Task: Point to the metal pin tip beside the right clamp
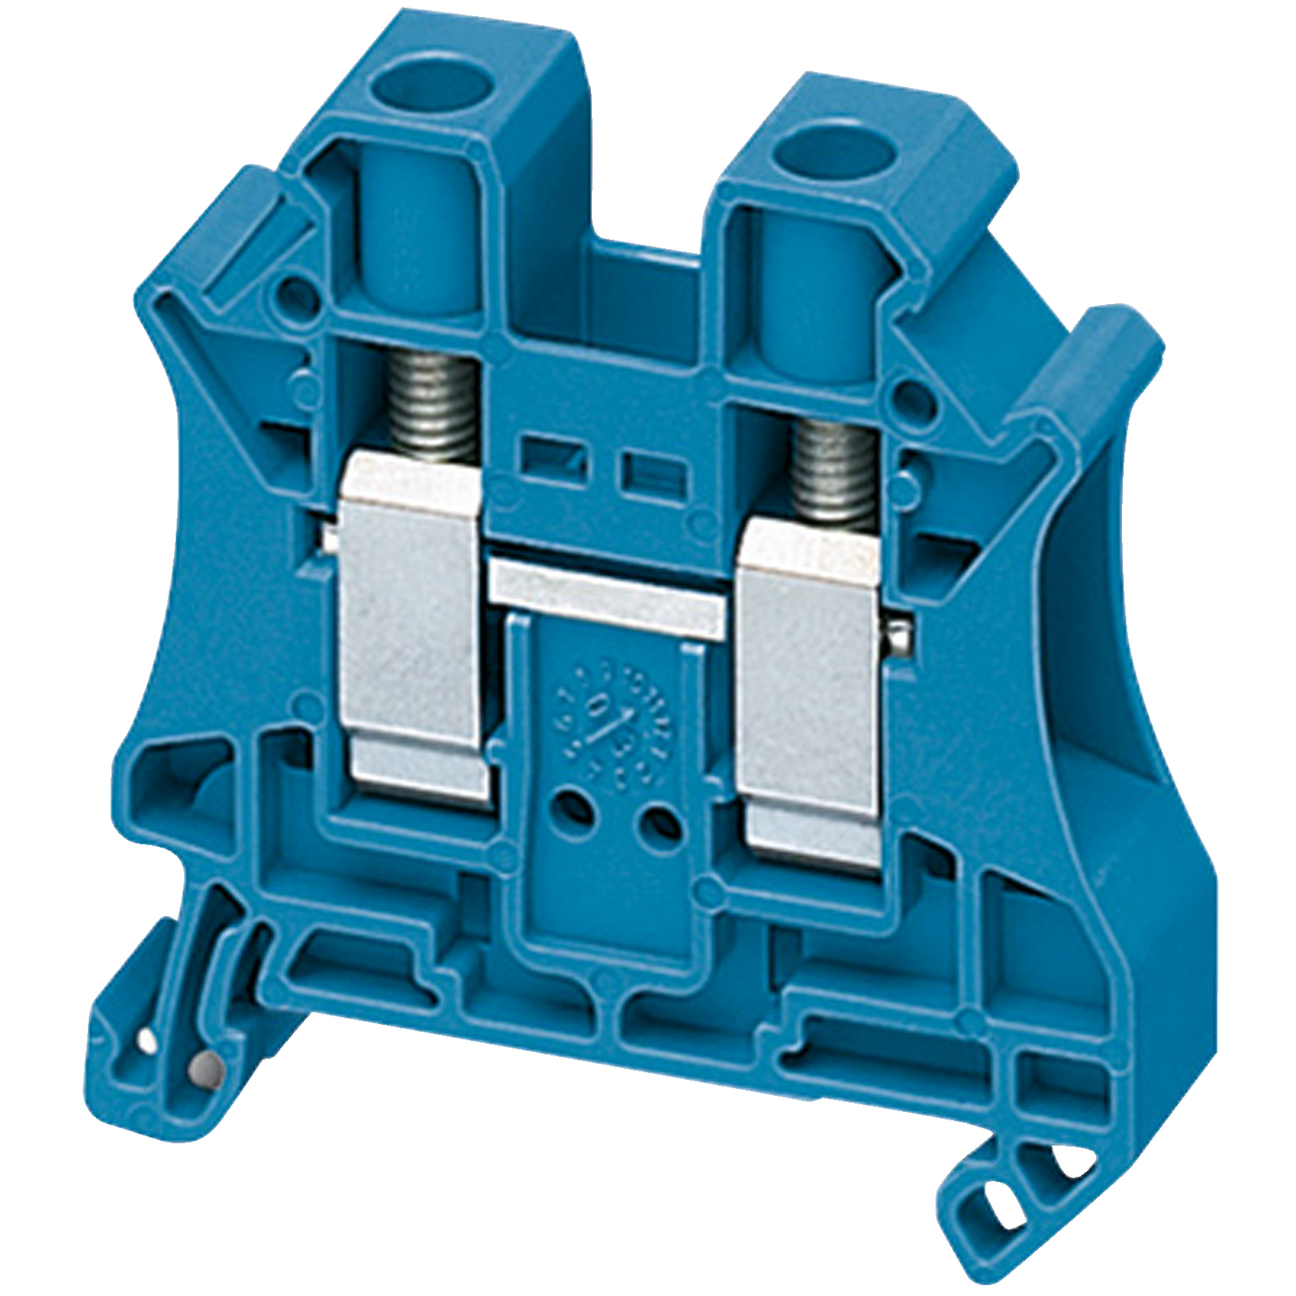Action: [904, 636]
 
